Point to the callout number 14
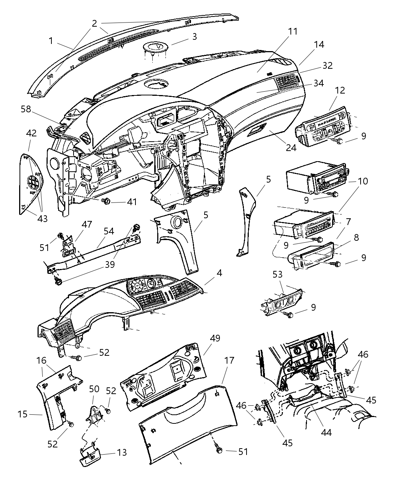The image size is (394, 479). coord(319,44)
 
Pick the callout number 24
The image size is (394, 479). coord(291,147)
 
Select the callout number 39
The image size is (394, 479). coord(110,264)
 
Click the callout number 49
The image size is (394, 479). coord(215,338)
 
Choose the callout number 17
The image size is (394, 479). coord(229,361)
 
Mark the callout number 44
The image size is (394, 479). coord(326,432)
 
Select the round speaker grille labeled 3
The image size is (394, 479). coord(156,48)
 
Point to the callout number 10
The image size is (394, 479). coord(363,181)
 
